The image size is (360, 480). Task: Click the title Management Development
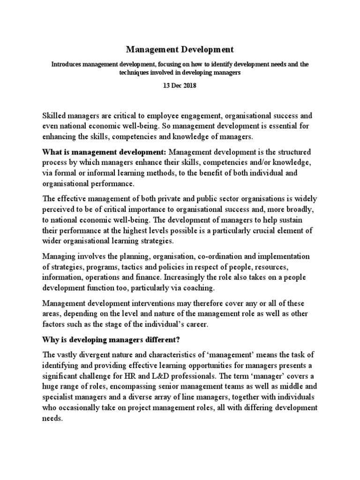click(x=180, y=49)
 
